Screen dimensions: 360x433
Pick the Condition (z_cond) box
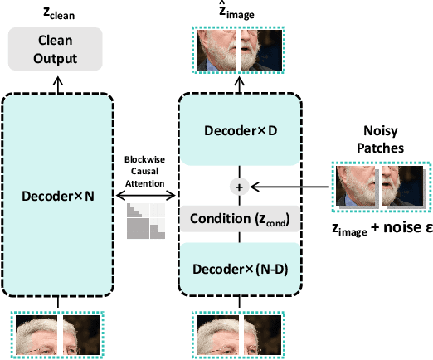240,218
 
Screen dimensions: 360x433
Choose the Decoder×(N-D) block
240,269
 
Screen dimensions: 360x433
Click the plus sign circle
241,187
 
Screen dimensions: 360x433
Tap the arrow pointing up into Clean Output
57,79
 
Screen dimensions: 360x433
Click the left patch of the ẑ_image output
218,51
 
